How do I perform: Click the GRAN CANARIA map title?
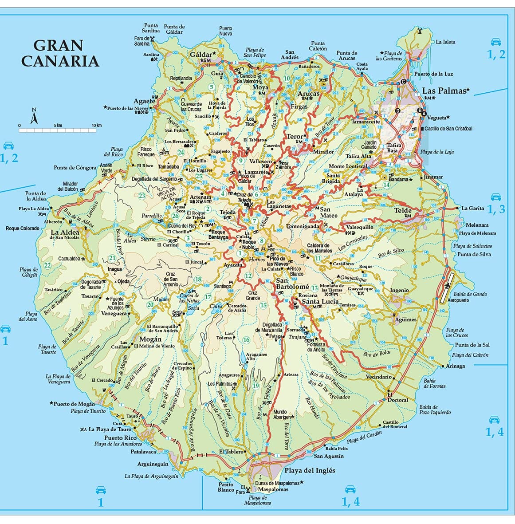[59, 53]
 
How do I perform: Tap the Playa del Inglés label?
[310, 470]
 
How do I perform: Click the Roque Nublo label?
[249, 244]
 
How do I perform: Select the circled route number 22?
[47, 265]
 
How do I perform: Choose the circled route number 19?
[256, 386]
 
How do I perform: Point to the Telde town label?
[403, 210]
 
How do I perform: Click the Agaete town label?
[145, 101]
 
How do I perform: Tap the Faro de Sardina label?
[142, 41]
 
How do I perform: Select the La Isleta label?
[445, 42]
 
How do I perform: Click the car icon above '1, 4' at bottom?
[350, 489]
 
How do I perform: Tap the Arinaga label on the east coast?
[456, 366]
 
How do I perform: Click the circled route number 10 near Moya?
[286, 79]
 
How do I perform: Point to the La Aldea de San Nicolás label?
[65, 234]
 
